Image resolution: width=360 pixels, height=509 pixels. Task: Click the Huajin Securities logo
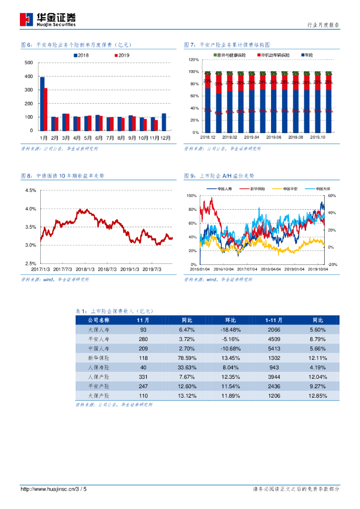tap(48, 19)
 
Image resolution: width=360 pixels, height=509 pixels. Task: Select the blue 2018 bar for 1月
tap(42, 104)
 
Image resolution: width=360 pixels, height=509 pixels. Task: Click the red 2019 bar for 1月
tap(46, 109)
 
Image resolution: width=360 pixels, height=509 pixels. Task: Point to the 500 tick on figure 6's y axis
tap(29, 63)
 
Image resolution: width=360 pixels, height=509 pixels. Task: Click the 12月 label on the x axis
tap(167, 138)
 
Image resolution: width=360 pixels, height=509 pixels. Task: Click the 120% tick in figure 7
tap(193, 60)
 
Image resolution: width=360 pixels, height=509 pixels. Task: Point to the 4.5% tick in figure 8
tap(30, 190)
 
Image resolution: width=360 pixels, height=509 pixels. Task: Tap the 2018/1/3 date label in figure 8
tap(86, 269)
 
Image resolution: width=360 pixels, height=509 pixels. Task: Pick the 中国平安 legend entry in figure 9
tap(290, 189)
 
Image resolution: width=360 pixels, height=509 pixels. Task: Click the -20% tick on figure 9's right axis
tap(333, 264)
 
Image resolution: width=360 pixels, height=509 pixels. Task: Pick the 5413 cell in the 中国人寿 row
tap(274, 348)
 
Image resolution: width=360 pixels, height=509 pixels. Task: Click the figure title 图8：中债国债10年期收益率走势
tap(63, 176)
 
